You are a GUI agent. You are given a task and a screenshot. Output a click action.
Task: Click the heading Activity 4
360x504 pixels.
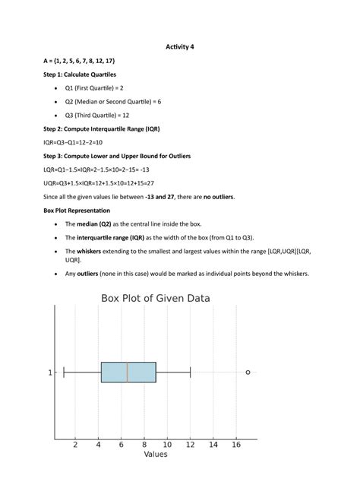(x=180, y=46)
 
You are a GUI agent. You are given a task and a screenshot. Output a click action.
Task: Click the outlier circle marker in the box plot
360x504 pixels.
(x=248, y=372)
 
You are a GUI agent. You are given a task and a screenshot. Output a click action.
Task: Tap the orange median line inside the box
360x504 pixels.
(x=127, y=372)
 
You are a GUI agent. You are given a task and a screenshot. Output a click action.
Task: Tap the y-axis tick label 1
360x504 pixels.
(x=50, y=372)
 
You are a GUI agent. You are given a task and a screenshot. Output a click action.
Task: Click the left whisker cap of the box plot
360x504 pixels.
(x=64, y=372)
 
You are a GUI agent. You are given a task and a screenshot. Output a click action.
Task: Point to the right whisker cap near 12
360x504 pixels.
(x=190, y=372)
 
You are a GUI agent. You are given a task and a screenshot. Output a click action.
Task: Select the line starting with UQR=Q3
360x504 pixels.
(x=98, y=183)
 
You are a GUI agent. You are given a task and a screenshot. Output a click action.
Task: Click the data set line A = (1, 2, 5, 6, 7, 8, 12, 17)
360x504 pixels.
(x=79, y=61)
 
